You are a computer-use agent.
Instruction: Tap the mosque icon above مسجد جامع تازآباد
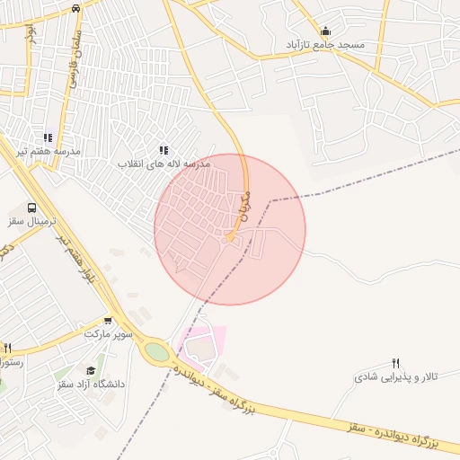pos(325,30)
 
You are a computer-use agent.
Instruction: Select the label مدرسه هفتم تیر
pos(50,150)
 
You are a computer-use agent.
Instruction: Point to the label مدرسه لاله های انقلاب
pos(167,165)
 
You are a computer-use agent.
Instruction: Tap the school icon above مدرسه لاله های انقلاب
pos(163,150)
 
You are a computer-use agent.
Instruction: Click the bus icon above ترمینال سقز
pos(32,208)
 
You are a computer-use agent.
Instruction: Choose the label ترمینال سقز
pos(32,221)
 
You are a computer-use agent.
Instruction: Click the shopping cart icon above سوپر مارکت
pos(109,320)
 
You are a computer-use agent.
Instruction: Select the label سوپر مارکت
pos(109,333)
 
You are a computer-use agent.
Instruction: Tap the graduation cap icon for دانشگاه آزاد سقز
pos(90,370)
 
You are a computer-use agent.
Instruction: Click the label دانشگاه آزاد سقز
pos(90,384)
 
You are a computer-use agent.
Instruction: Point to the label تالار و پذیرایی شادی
pos(395,377)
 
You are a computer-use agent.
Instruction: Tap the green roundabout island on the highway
pos(157,352)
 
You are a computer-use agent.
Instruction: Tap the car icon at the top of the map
pos(75,7)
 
